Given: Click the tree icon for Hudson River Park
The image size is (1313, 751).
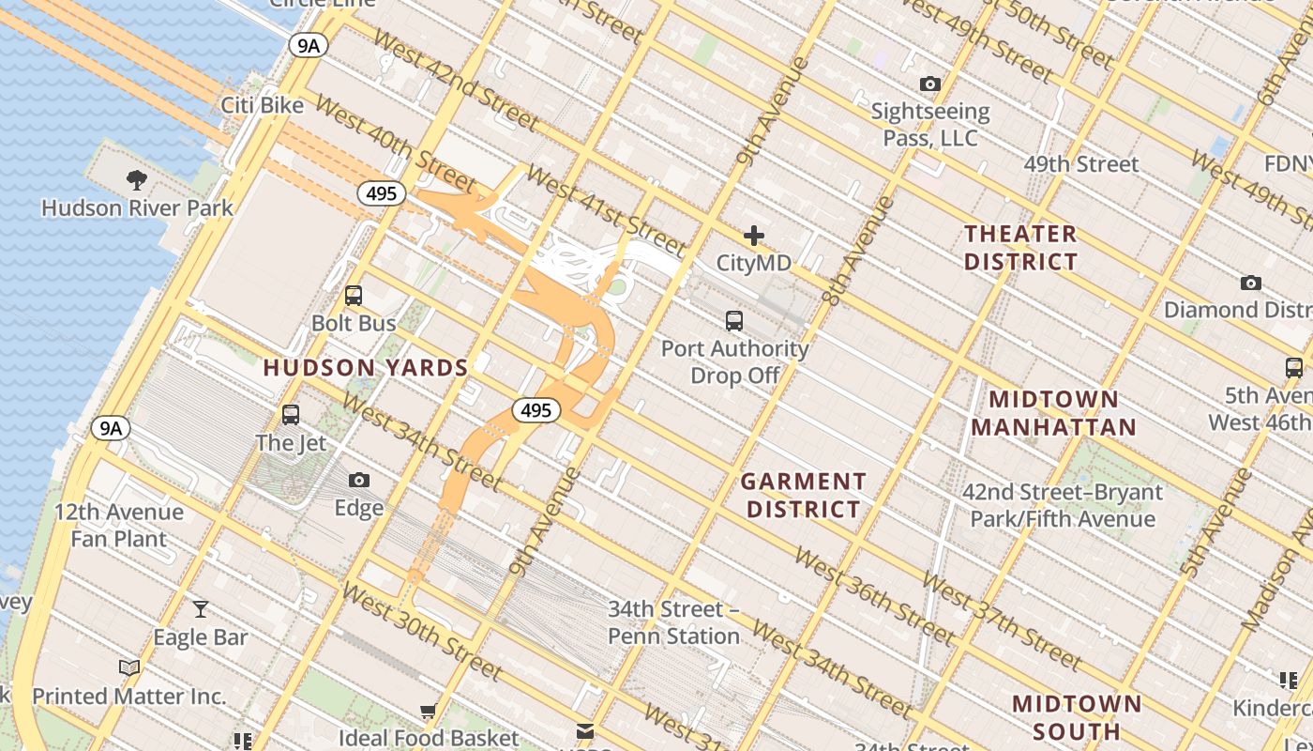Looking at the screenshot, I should tap(137, 180).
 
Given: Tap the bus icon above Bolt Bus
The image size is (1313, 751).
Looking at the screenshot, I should tap(354, 296).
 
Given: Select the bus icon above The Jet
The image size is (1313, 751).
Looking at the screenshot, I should tap(291, 415).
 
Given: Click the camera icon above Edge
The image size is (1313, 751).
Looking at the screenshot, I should tap(358, 481).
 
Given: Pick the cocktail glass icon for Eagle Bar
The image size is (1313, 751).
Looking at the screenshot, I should tap(200, 610).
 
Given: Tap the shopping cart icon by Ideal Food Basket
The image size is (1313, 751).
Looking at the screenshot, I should tap(429, 713).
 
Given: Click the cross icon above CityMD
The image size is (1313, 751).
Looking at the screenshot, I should tap(754, 236).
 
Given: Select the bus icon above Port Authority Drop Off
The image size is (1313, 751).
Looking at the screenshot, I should tap(734, 321).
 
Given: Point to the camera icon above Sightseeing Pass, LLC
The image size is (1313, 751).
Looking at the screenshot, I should tap(929, 84).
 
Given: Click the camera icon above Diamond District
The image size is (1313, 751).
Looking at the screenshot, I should tap(1250, 283).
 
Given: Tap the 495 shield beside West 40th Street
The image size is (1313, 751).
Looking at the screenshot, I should tap(382, 194).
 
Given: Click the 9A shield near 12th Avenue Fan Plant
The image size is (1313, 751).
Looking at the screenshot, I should tap(111, 429).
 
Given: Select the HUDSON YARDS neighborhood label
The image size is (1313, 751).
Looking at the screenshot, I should tap(366, 368).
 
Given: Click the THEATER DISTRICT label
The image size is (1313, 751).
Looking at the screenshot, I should tap(1021, 248).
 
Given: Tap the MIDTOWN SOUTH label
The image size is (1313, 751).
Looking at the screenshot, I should tap(1078, 717).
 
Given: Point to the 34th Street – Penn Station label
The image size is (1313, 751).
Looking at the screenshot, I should tap(673, 623).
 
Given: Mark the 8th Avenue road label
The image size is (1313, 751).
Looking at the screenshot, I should tap(856, 251).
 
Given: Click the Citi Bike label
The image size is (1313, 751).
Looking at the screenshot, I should tap(263, 105).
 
